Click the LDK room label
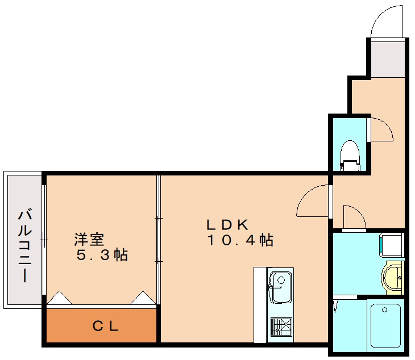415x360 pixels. [x=228, y=223]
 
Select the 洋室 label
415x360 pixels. [x=89, y=238]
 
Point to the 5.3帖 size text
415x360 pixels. [x=102, y=255]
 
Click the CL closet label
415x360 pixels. [x=105, y=326]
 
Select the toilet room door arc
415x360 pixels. [x=381, y=130]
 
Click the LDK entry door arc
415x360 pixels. [x=313, y=202]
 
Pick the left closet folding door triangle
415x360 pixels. [x=59, y=299]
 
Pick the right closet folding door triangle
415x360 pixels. [x=143, y=298]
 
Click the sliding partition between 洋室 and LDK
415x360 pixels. [x=159, y=238]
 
